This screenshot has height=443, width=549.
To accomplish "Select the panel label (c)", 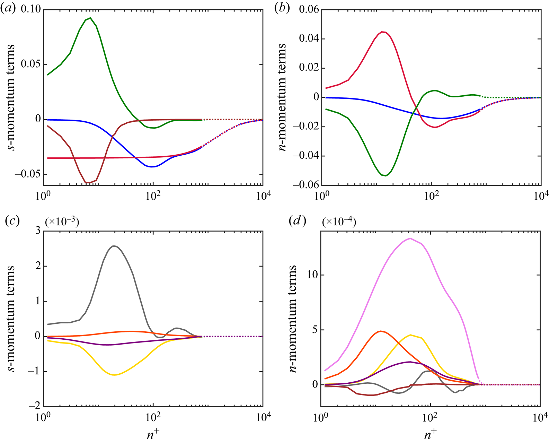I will coord(12,221).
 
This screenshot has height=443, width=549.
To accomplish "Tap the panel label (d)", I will coord(298,221).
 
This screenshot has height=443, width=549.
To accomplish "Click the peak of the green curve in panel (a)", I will coord(90,18).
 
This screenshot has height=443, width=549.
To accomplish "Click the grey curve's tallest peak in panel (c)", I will coord(114,246).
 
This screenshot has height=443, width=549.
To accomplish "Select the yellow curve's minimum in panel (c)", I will coord(114,375).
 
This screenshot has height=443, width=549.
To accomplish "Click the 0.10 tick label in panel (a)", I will coord(30,9).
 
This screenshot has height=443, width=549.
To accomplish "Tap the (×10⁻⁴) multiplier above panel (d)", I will coord(339,222).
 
